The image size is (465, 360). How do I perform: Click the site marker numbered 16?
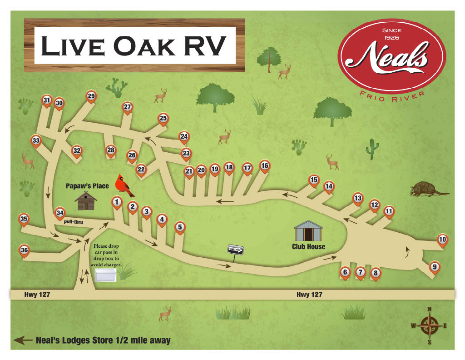click(265, 165)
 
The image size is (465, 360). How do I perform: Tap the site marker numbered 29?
click(91, 96)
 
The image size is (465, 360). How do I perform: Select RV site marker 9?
click(435, 267)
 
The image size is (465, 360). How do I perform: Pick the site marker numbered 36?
click(24, 250)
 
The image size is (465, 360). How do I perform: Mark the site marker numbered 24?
click(184, 136)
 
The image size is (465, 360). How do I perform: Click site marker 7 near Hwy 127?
click(361, 272)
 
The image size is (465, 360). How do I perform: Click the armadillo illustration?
click(428, 190)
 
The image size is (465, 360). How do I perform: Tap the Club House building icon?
click(308, 231)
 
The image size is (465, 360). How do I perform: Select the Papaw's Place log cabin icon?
click(86, 200)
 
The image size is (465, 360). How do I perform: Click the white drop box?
click(105, 275)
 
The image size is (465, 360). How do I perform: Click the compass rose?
click(429, 325)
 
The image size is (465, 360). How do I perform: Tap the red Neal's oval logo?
click(391, 57)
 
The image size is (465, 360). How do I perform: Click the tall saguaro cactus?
click(372, 149)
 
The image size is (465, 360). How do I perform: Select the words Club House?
click(308, 247)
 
